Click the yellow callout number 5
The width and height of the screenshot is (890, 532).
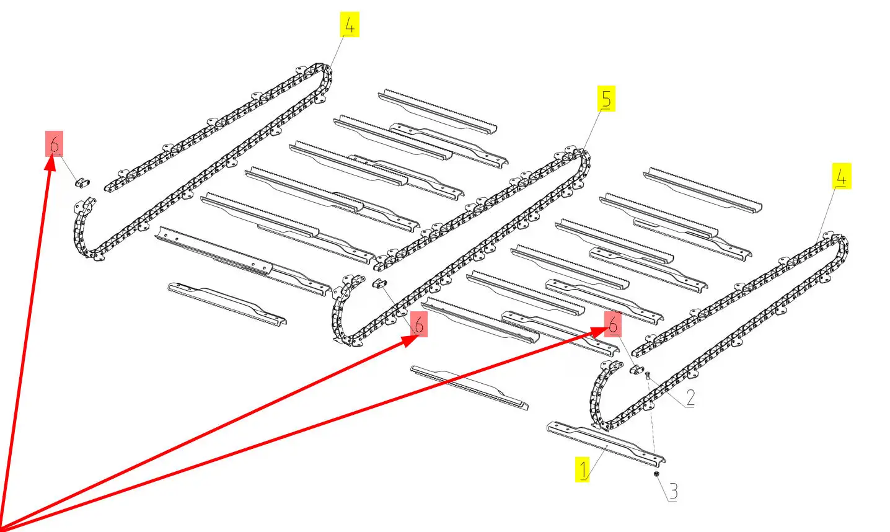point(606,99)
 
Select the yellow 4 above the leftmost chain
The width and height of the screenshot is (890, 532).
point(350,25)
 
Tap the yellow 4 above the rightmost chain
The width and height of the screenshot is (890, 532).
point(842,176)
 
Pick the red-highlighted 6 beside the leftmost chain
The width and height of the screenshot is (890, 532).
point(55,143)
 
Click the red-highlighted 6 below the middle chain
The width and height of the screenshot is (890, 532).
point(419,324)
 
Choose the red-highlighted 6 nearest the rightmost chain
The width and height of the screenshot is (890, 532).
point(613,324)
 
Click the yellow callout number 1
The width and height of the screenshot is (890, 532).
point(583,469)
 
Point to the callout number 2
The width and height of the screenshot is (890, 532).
point(690,398)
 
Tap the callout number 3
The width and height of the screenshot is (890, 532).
point(673,492)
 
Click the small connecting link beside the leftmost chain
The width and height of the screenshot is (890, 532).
point(82,183)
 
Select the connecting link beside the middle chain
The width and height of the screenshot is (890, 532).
point(379,283)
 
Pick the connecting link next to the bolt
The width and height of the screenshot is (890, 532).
point(637,370)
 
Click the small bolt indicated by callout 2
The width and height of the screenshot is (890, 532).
point(648,375)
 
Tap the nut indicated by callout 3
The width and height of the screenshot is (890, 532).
point(656,474)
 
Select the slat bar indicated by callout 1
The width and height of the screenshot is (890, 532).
point(606,444)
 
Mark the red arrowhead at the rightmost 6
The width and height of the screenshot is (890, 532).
point(599,331)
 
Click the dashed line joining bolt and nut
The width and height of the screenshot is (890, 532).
point(652,425)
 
